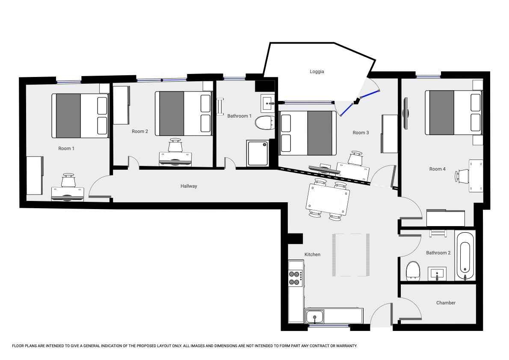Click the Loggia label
click(x=317, y=71)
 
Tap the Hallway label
click(x=189, y=186)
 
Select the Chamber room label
click(x=446, y=303)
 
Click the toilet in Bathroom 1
click(x=264, y=123)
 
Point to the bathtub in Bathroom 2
click(x=465, y=256)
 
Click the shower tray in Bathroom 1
click(x=257, y=153)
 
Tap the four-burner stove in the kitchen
click(x=296, y=278)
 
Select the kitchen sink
click(x=314, y=316)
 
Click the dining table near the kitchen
click(x=328, y=199)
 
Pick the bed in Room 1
click(x=80, y=116)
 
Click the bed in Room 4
click(x=453, y=112)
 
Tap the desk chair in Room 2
click(x=175, y=145)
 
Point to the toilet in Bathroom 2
click(x=413, y=270)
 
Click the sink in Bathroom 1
click(x=268, y=103)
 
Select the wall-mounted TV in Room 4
click(x=405, y=113)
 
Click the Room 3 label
click(x=361, y=133)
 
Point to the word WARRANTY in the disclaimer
click(x=347, y=346)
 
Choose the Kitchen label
click(x=312, y=254)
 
